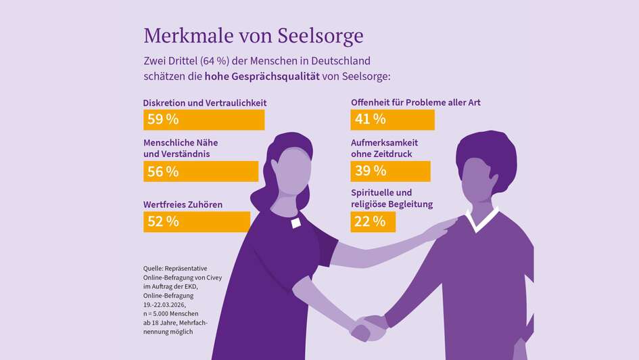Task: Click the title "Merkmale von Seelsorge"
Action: point(254,35)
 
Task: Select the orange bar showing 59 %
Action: point(204,120)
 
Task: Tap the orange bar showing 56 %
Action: point(201,171)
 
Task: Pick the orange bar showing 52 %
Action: point(196,221)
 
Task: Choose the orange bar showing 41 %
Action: point(392,120)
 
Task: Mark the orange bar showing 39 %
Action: point(390,171)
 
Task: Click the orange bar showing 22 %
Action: point(373,221)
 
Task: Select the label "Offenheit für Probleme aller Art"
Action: point(415,103)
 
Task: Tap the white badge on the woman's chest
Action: point(295,223)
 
